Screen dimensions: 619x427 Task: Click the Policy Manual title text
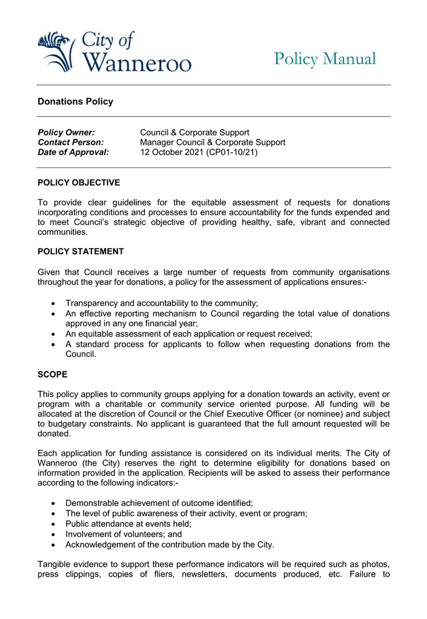click(325, 59)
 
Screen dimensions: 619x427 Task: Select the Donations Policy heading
click(75, 102)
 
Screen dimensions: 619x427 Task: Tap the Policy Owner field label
click(66, 132)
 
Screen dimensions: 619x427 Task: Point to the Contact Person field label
click(70, 142)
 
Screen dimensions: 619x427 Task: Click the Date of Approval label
click(73, 153)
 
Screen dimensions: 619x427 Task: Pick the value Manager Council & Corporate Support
click(213, 142)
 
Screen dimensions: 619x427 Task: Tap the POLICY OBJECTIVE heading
click(79, 182)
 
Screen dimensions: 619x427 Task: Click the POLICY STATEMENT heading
click(81, 252)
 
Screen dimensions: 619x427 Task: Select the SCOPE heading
click(53, 375)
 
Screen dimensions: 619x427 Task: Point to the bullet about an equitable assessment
click(188, 333)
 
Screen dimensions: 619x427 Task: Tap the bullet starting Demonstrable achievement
click(159, 503)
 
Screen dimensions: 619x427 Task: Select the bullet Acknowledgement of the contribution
click(170, 544)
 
